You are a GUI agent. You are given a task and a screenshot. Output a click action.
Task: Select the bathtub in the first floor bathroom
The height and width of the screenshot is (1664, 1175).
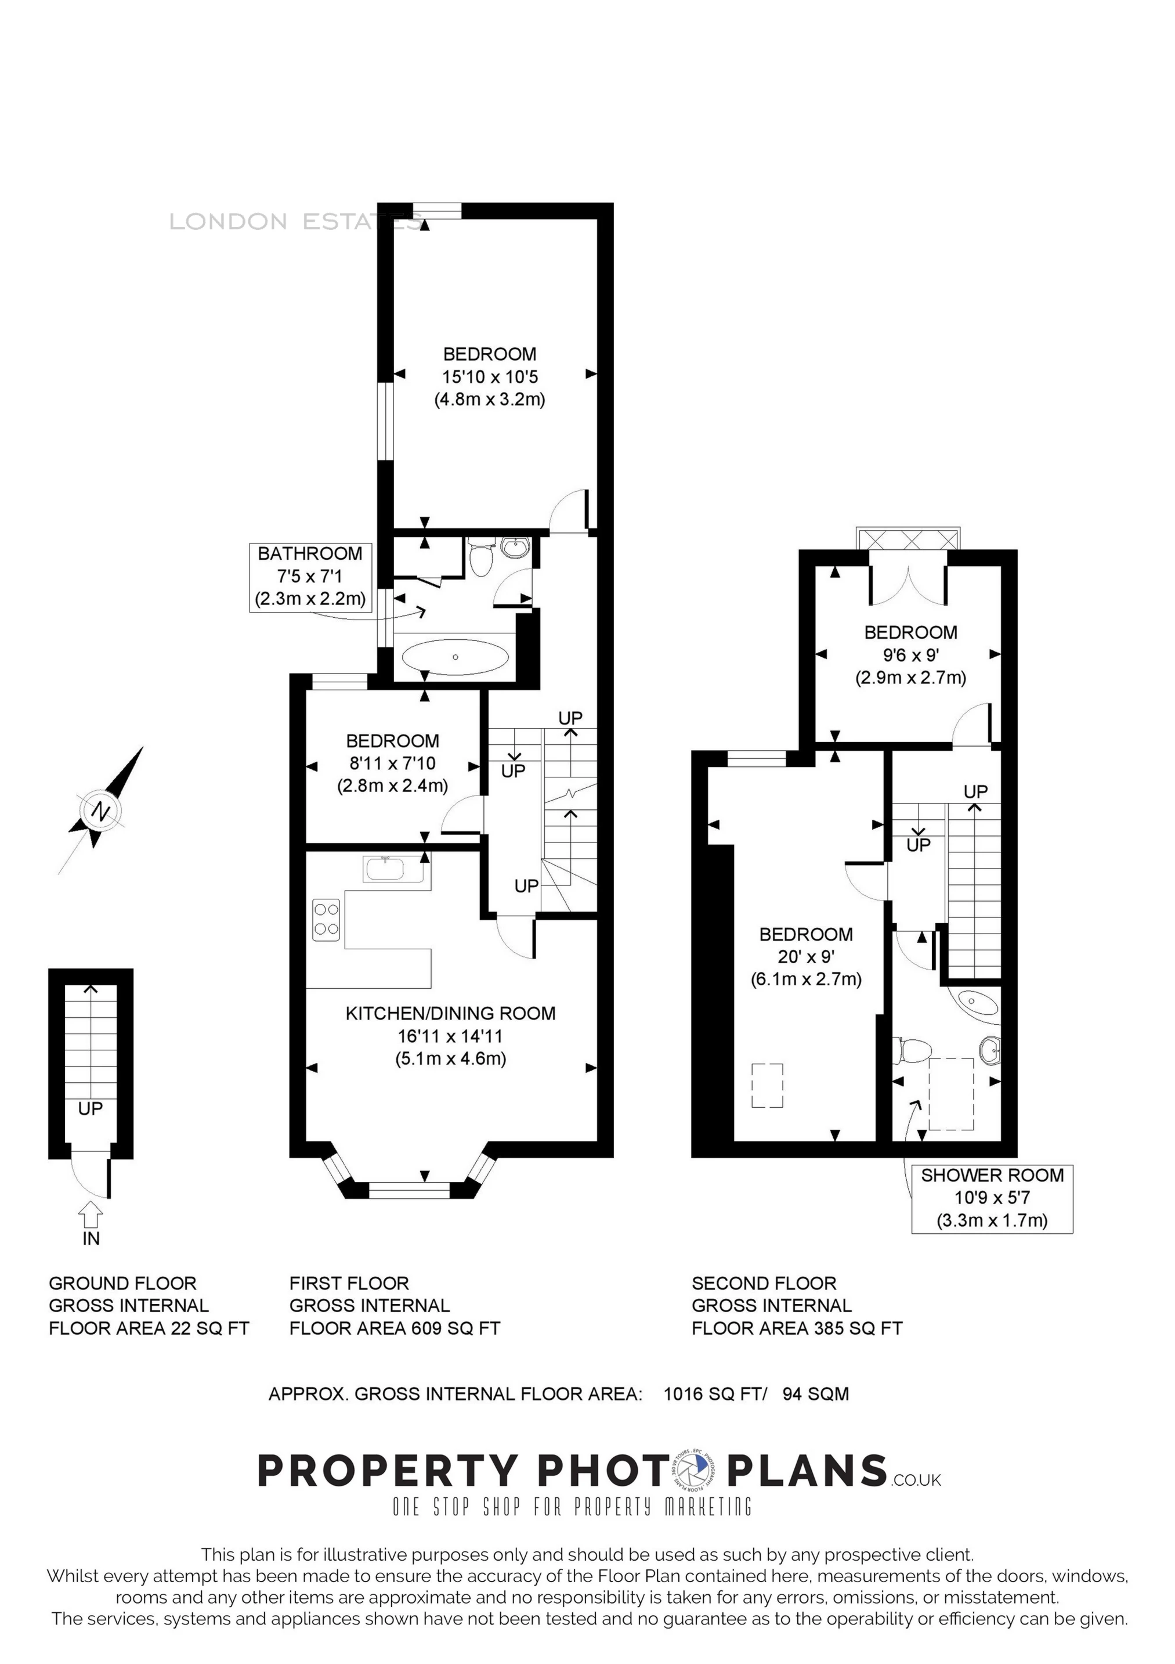pos(455,657)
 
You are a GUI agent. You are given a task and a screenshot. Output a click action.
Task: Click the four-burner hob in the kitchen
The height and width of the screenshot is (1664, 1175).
pos(326,920)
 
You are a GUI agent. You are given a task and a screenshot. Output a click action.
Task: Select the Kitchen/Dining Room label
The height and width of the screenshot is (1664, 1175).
pos(451,1013)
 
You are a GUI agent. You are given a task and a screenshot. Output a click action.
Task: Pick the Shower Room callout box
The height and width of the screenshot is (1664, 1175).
pos(992,1199)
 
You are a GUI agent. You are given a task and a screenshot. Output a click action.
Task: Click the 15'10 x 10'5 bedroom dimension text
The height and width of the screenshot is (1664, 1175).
pos(490,377)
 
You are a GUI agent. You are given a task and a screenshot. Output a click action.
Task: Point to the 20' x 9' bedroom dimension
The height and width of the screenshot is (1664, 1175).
pos(807,957)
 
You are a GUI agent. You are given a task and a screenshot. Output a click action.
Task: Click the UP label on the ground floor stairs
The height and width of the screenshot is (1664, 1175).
pos(91,1108)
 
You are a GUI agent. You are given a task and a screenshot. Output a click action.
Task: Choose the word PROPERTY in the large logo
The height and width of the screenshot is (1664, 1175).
pos(388,1472)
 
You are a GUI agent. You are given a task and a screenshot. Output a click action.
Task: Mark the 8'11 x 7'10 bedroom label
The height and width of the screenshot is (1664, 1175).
pos(393,763)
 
